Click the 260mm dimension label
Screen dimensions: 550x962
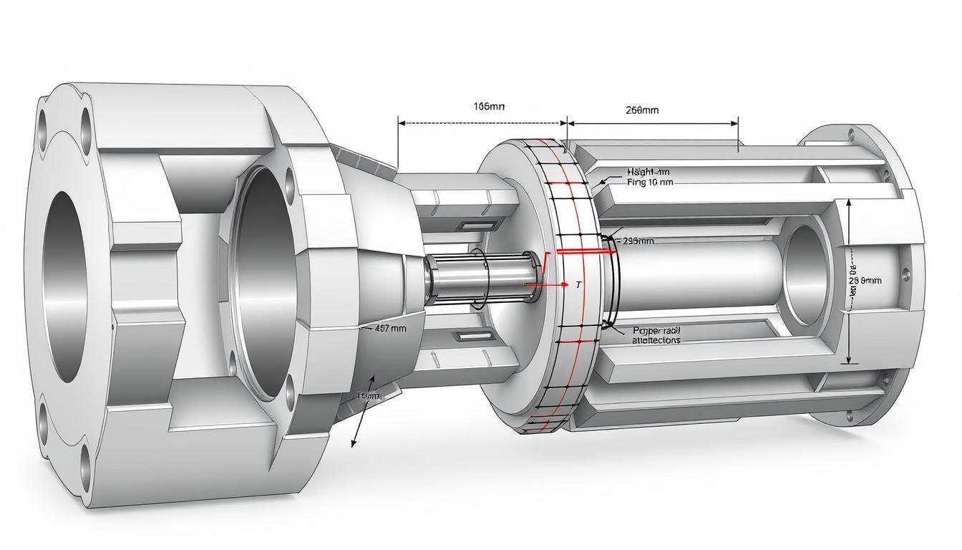click(641, 110)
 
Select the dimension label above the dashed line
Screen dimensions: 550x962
click(489, 107)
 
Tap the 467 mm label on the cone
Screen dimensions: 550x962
click(390, 329)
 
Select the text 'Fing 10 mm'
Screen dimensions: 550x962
click(650, 183)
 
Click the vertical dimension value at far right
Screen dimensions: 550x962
click(865, 281)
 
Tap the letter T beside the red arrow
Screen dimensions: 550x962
click(578, 285)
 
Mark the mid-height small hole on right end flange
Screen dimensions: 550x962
click(908, 273)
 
